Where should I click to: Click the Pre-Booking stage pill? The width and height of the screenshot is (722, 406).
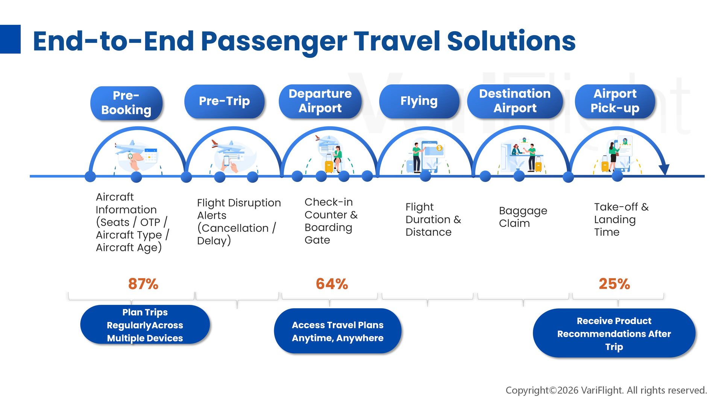click(x=126, y=103)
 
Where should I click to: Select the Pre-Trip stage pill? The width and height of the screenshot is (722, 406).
click(x=224, y=101)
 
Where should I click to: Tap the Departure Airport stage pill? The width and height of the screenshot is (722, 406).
click(x=320, y=101)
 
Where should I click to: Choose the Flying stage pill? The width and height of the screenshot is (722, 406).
click(x=419, y=101)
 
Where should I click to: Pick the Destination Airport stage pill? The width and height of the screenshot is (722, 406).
click(x=515, y=101)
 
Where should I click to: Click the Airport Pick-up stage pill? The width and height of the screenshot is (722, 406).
click(x=615, y=101)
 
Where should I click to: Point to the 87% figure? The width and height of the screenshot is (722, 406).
click(x=143, y=284)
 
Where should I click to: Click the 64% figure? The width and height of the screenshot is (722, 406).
click(x=332, y=284)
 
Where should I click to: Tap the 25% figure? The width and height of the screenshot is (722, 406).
click(x=614, y=284)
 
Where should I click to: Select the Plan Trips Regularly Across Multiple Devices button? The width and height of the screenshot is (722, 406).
click(x=145, y=325)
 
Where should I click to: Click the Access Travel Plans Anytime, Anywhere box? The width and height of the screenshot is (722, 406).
click(x=338, y=331)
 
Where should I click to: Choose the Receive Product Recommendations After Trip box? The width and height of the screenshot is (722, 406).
click(x=614, y=333)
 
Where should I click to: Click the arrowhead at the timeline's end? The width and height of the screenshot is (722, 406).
click(x=664, y=169)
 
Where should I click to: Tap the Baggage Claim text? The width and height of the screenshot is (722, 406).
click(x=523, y=217)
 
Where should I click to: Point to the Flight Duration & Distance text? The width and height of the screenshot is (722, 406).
click(x=433, y=220)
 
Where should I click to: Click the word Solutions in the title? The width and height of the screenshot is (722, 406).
click(x=511, y=41)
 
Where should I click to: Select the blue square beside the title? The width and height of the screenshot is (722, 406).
click(x=10, y=39)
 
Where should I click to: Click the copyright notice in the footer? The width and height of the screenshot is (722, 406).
click(x=606, y=390)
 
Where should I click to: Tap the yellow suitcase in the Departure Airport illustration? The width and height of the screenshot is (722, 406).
click(x=329, y=165)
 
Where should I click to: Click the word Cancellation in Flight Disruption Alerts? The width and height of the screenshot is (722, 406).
click(x=233, y=228)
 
